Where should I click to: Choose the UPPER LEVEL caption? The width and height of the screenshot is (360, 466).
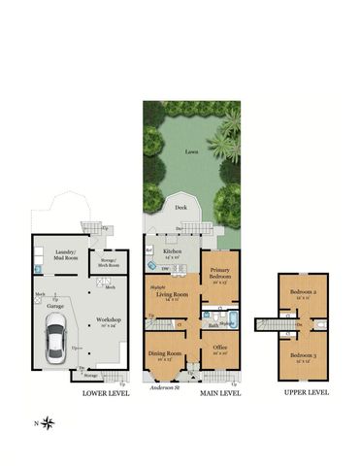[306, 393]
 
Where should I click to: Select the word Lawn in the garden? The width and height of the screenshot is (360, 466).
[182, 151]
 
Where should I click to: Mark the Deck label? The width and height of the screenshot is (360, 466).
[180, 207]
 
